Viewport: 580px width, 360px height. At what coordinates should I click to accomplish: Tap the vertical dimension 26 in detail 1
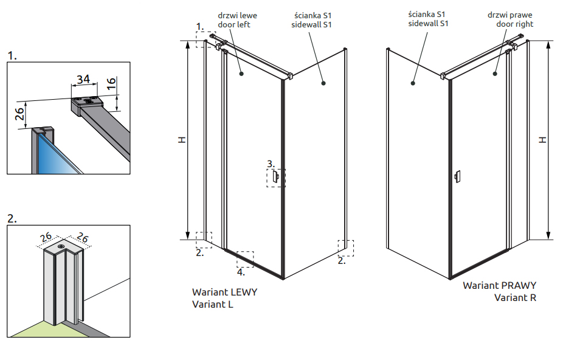click(19, 114)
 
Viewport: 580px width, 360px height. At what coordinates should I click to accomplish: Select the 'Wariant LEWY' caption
click(224, 292)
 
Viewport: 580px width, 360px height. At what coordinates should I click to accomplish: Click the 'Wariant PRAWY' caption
click(499, 285)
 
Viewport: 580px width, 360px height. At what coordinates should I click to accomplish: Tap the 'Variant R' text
click(515, 297)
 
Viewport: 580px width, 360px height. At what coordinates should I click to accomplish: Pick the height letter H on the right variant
click(543, 140)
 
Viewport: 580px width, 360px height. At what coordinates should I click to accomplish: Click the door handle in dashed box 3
click(276, 177)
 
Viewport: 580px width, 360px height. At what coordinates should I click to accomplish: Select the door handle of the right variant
click(457, 177)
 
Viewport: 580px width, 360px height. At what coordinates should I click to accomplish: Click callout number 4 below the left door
click(241, 272)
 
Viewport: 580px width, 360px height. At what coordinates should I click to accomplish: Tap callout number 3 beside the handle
click(271, 164)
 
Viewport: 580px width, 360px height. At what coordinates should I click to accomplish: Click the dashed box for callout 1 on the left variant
click(205, 39)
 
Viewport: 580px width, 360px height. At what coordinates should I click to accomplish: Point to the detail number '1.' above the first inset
click(12, 56)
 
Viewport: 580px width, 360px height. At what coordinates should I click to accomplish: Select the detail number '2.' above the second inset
click(12, 217)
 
